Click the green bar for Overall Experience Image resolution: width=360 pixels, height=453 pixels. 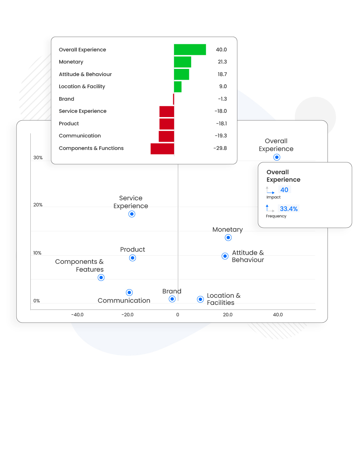[190, 50]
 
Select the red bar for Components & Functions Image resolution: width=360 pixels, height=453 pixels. [162, 149]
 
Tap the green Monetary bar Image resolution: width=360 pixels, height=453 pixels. [182, 62]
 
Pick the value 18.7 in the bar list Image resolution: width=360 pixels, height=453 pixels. [222, 74]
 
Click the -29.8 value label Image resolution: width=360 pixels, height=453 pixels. [220, 148]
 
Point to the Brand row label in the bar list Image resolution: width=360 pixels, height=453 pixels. [66, 99]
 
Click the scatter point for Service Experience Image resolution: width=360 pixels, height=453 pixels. [132, 214]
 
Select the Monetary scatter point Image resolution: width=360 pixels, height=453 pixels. [228, 238]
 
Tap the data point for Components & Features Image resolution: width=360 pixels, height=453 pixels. [101, 278]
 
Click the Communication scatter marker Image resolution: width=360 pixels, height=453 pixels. [129, 293]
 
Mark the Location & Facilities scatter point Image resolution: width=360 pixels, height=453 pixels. [200, 299]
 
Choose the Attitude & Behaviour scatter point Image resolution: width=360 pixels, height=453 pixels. [225, 256]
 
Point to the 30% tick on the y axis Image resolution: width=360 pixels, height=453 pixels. [38, 158]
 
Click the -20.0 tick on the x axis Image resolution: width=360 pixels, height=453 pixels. [127, 315]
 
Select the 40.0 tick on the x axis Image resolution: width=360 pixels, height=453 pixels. [278, 315]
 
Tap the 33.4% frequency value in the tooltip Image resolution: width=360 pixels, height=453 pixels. [289, 209]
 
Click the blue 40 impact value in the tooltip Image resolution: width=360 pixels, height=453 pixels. [284, 190]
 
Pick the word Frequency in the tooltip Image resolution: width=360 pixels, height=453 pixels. [276, 216]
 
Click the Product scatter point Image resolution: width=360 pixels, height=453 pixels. [132, 258]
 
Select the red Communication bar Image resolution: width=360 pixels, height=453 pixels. [166, 136]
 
